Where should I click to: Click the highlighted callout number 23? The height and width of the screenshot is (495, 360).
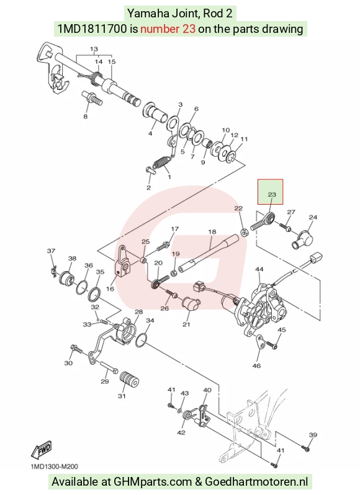(x=272, y=195)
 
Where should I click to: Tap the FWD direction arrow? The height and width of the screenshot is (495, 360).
(x=41, y=450)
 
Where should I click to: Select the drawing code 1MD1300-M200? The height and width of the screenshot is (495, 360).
(x=55, y=466)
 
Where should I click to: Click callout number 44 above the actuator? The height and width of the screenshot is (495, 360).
(x=259, y=269)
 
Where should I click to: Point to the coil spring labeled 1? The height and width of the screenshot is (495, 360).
(x=161, y=163)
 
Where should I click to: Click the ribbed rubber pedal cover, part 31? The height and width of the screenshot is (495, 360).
(x=130, y=380)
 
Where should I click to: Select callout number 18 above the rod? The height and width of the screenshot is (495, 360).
(x=212, y=232)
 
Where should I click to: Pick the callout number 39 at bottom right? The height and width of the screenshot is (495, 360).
(x=313, y=435)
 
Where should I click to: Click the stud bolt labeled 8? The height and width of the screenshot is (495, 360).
(x=92, y=98)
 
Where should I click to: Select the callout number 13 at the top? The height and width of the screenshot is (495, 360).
(x=94, y=49)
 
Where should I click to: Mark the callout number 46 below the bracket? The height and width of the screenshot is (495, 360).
(x=257, y=365)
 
